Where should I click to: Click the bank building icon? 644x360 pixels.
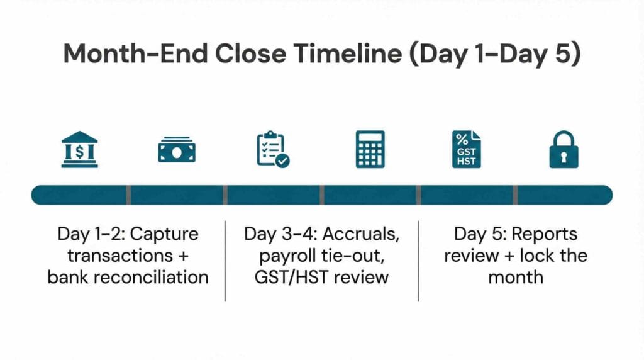[x=80, y=149]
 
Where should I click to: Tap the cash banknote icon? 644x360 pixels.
[x=176, y=150]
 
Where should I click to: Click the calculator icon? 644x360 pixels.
[x=370, y=149]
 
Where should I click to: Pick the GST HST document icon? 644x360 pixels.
[x=466, y=149]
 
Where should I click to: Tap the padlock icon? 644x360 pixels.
[x=563, y=150]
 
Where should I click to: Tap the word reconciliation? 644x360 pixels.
[x=157, y=276]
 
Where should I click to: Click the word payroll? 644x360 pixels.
[x=286, y=256]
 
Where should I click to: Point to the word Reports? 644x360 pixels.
[x=544, y=235]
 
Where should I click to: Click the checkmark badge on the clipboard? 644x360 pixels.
[x=283, y=161]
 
